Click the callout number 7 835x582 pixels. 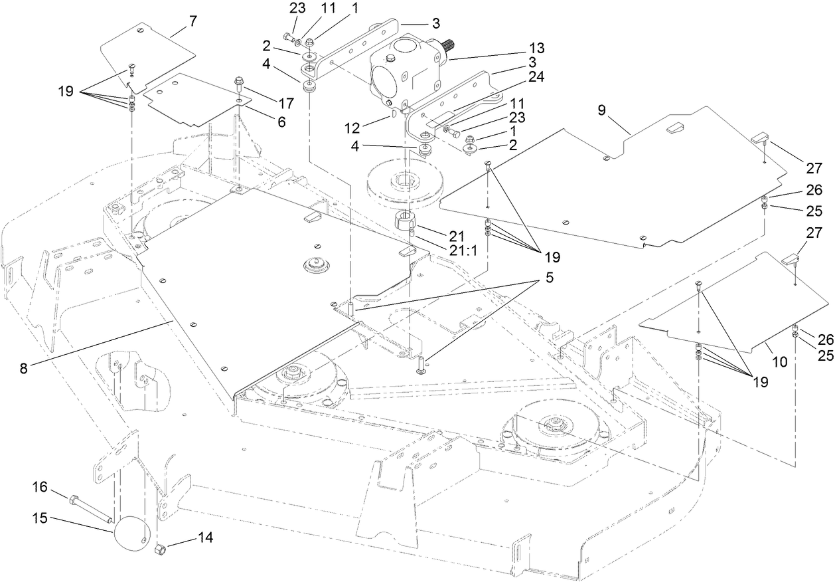click(193, 21)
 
